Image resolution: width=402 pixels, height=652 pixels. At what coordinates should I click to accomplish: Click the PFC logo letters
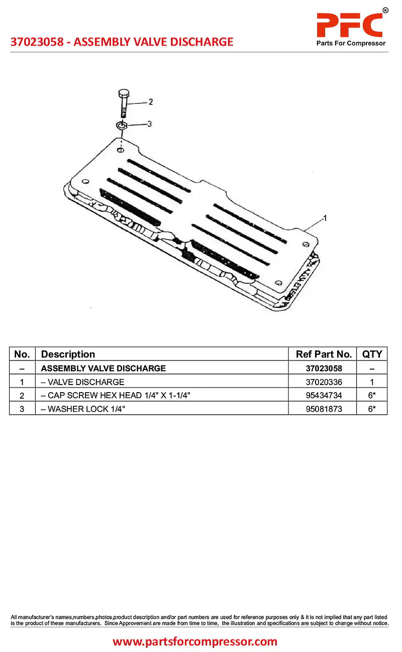click(x=349, y=24)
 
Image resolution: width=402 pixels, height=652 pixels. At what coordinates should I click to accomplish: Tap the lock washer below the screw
click(x=122, y=125)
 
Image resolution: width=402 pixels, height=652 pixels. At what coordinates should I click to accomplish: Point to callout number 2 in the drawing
click(x=150, y=102)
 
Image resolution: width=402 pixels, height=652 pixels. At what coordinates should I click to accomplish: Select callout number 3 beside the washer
click(x=149, y=124)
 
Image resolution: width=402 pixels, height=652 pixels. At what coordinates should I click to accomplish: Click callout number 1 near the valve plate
click(x=325, y=218)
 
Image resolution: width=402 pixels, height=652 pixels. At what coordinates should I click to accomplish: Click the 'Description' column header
click(x=68, y=354)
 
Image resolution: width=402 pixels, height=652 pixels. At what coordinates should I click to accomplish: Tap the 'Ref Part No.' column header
click(x=324, y=354)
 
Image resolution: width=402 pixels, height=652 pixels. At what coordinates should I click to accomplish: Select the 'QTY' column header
click(x=372, y=354)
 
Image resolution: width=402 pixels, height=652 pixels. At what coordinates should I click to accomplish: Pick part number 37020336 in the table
click(x=324, y=382)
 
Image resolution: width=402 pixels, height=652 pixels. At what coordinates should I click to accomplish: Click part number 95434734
click(x=324, y=396)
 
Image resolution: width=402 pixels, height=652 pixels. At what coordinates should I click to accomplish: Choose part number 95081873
click(x=324, y=409)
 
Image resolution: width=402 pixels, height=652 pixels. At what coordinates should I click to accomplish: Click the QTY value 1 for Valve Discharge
click(x=372, y=382)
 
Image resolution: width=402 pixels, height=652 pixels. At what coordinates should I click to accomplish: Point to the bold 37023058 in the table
click(x=324, y=368)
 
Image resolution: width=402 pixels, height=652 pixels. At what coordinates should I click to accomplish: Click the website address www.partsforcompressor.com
click(x=195, y=641)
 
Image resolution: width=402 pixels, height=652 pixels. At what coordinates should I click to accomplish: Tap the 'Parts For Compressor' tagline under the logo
click(x=351, y=43)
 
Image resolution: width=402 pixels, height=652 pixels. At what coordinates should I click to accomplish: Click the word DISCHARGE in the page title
click(x=200, y=42)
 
